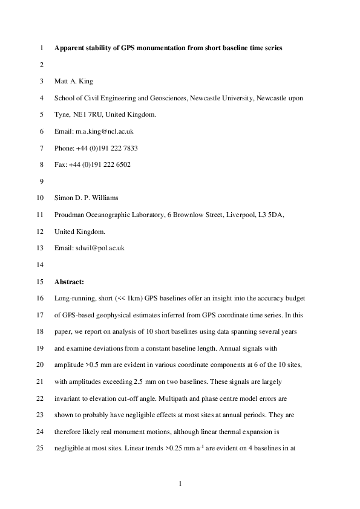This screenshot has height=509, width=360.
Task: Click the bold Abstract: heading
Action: click(70, 282)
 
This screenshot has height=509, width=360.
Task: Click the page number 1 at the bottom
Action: click(180, 483)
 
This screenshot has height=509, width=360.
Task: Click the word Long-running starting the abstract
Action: click(74, 299)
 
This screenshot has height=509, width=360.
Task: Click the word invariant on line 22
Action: click(69, 400)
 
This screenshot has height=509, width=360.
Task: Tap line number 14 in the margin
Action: click(41, 265)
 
